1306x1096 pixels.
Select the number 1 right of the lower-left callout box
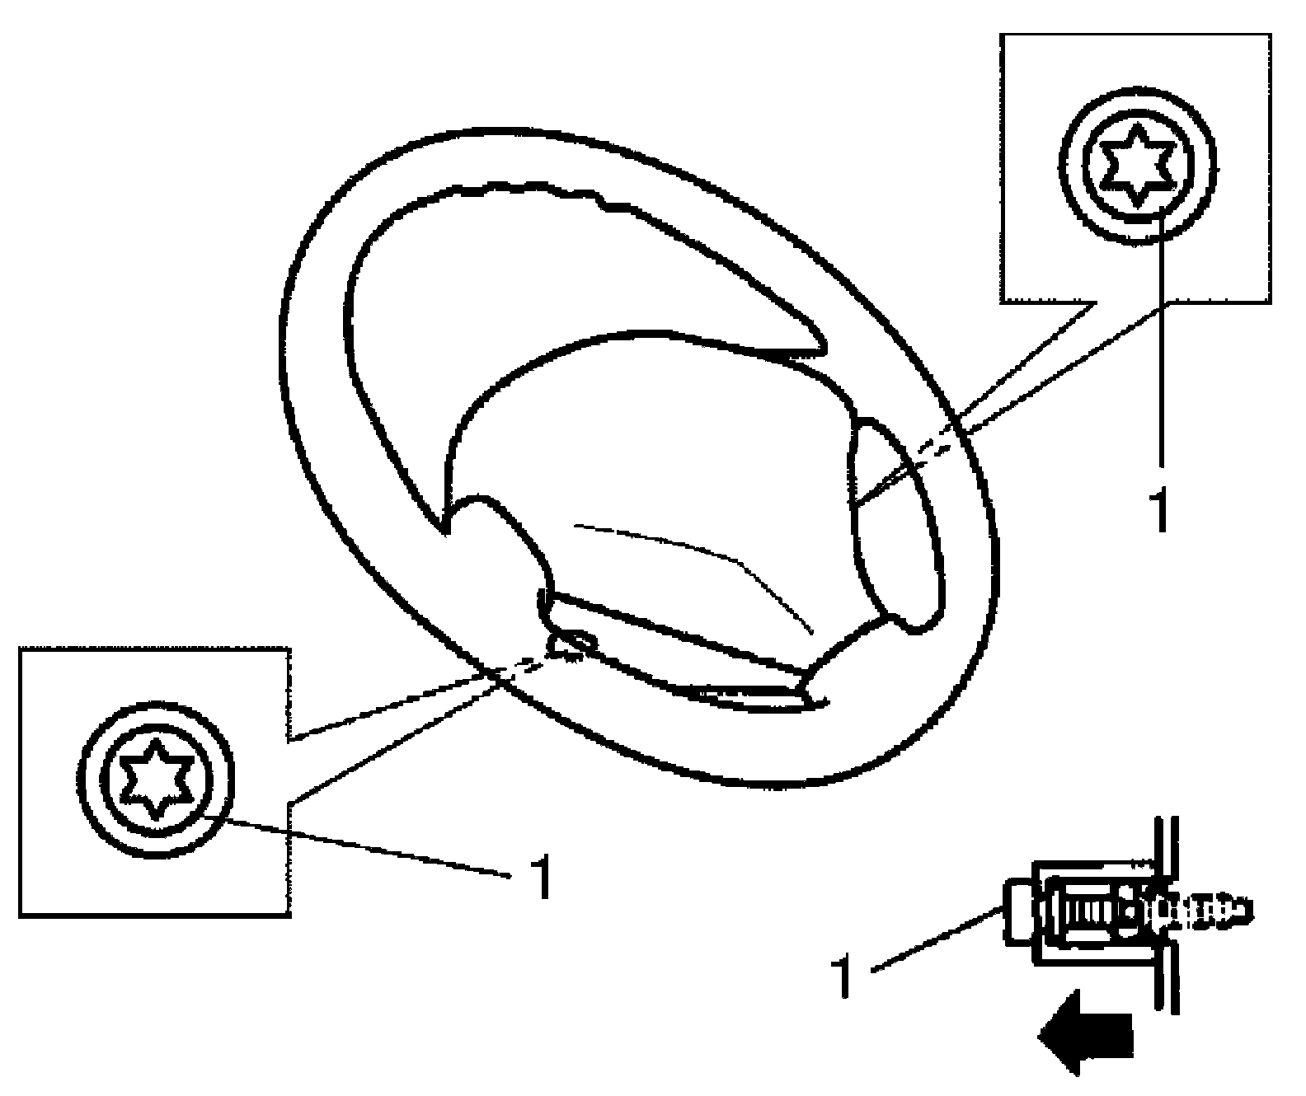(540, 877)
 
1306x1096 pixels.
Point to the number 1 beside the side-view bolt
(843, 977)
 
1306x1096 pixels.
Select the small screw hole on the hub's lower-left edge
(569, 642)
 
